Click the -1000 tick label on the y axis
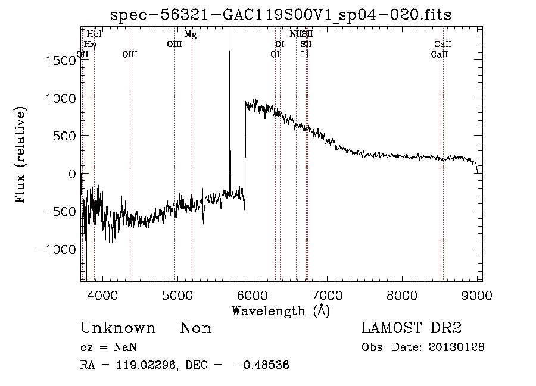point(57,250)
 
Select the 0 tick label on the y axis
point(73,174)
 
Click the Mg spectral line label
point(191,34)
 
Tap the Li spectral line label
point(306,54)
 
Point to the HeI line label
point(94,34)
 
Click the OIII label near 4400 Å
point(130,54)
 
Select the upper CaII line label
point(443,44)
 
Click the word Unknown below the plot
point(118,328)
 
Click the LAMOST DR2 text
point(412,328)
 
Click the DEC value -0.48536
point(262,365)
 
